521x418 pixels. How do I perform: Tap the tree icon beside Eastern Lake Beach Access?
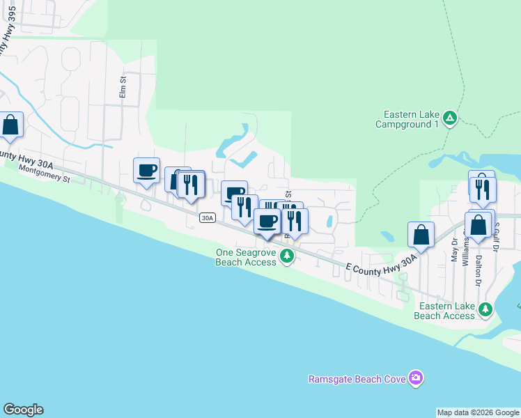(485, 308)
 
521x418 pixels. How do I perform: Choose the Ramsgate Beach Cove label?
(359, 379)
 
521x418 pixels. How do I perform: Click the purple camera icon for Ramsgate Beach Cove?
(416, 378)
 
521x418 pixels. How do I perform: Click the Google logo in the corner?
(23, 410)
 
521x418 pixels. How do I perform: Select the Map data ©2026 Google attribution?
(478, 412)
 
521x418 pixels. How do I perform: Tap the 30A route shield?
(207, 218)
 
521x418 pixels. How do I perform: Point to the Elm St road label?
(123, 89)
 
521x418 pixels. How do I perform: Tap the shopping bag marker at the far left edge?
(11, 125)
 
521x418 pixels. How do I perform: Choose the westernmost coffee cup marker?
(146, 171)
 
